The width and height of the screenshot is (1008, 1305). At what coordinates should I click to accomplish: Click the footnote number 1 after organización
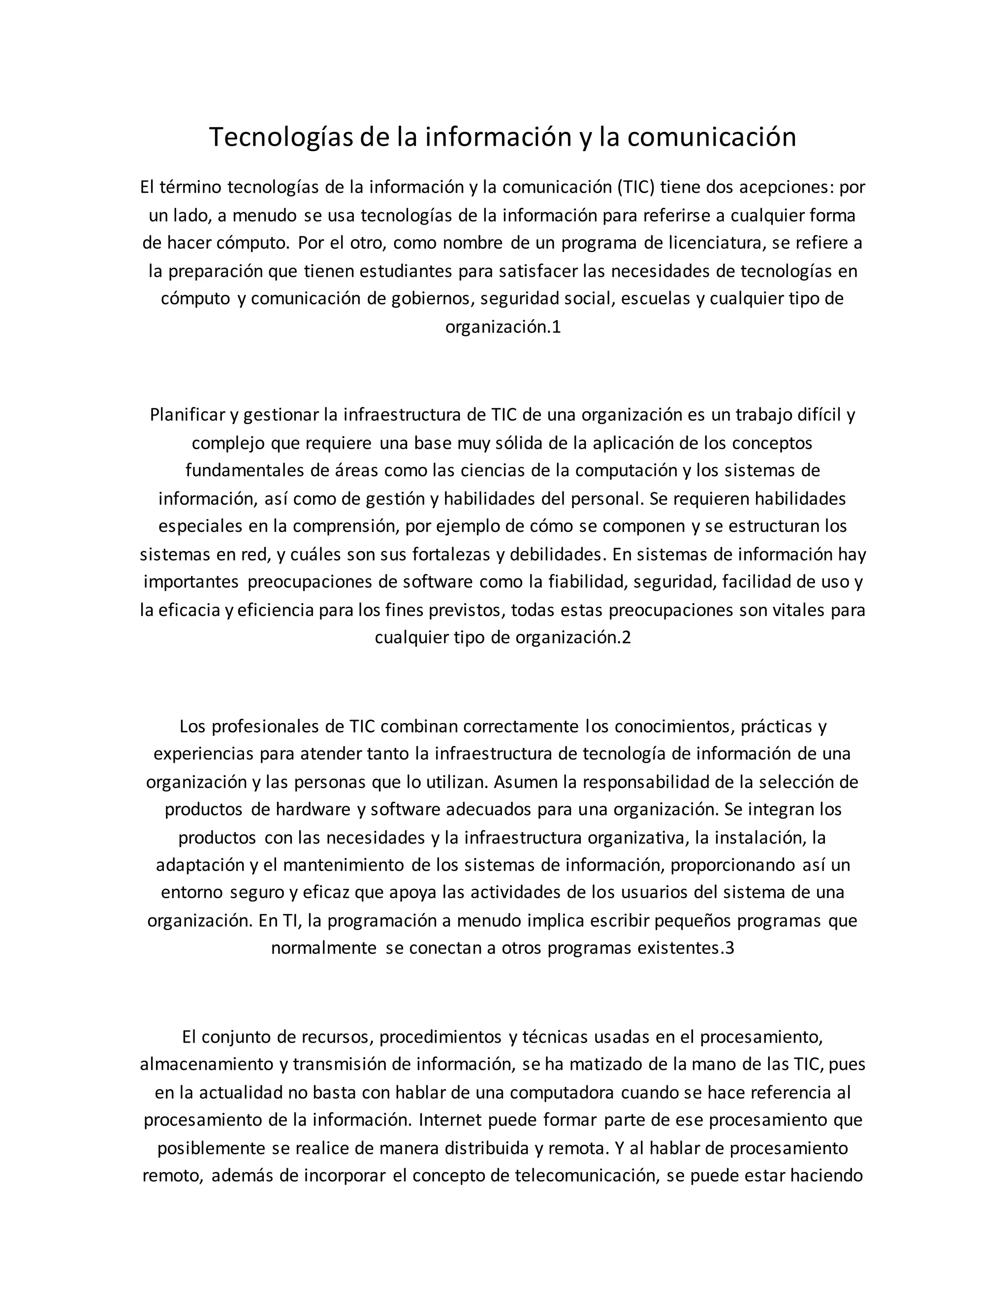tap(557, 327)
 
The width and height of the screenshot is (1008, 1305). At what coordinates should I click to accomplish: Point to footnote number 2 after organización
tap(627, 638)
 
